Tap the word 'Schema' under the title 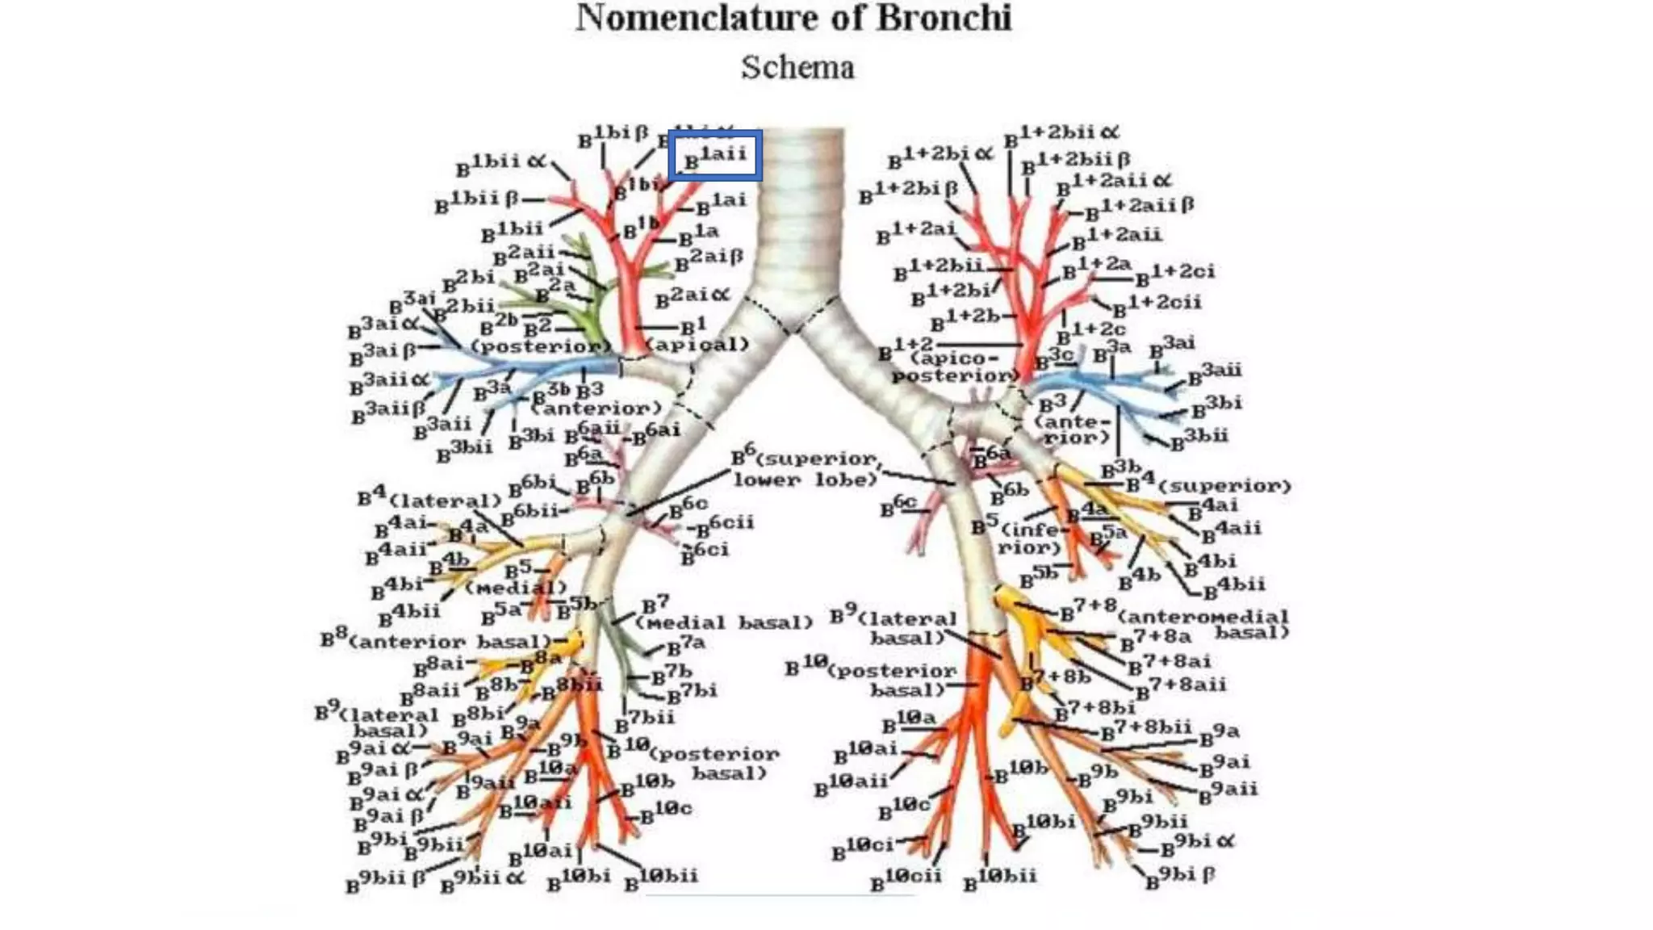[x=797, y=68]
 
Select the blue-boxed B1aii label [x=715, y=155]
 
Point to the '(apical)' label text [x=698, y=346]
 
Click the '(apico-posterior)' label [x=955, y=367]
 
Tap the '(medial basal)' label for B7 [x=723, y=623]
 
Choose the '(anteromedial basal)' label [x=1203, y=624]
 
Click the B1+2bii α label [x=1061, y=134]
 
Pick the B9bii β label [x=386, y=880]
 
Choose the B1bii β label [x=477, y=201]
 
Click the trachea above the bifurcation [x=802, y=210]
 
